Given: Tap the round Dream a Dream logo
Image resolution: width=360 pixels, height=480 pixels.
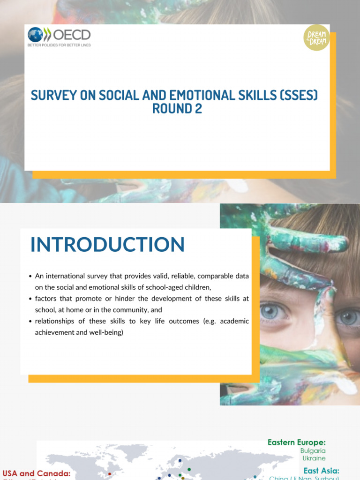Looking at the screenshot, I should (x=316, y=37).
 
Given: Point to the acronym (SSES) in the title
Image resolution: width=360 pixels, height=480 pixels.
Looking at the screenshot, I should (x=299, y=96).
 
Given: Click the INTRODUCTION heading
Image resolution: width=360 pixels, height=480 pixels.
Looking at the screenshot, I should (x=107, y=245).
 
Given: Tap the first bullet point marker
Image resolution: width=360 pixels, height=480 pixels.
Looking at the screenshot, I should (x=30, y=276).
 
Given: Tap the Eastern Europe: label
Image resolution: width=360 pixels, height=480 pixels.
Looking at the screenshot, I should (x=296, y=442).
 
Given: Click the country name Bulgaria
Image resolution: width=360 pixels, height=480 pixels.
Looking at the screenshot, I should (x=313, y=451).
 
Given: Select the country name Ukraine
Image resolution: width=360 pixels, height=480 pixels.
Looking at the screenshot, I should (x=314, y=458).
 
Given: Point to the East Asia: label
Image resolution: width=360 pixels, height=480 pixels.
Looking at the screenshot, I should (x=322, y=471).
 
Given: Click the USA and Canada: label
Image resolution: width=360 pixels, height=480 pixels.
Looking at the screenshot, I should (x=37, y=474).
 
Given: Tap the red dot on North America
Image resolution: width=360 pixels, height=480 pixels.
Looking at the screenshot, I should (x=110, y=474).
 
